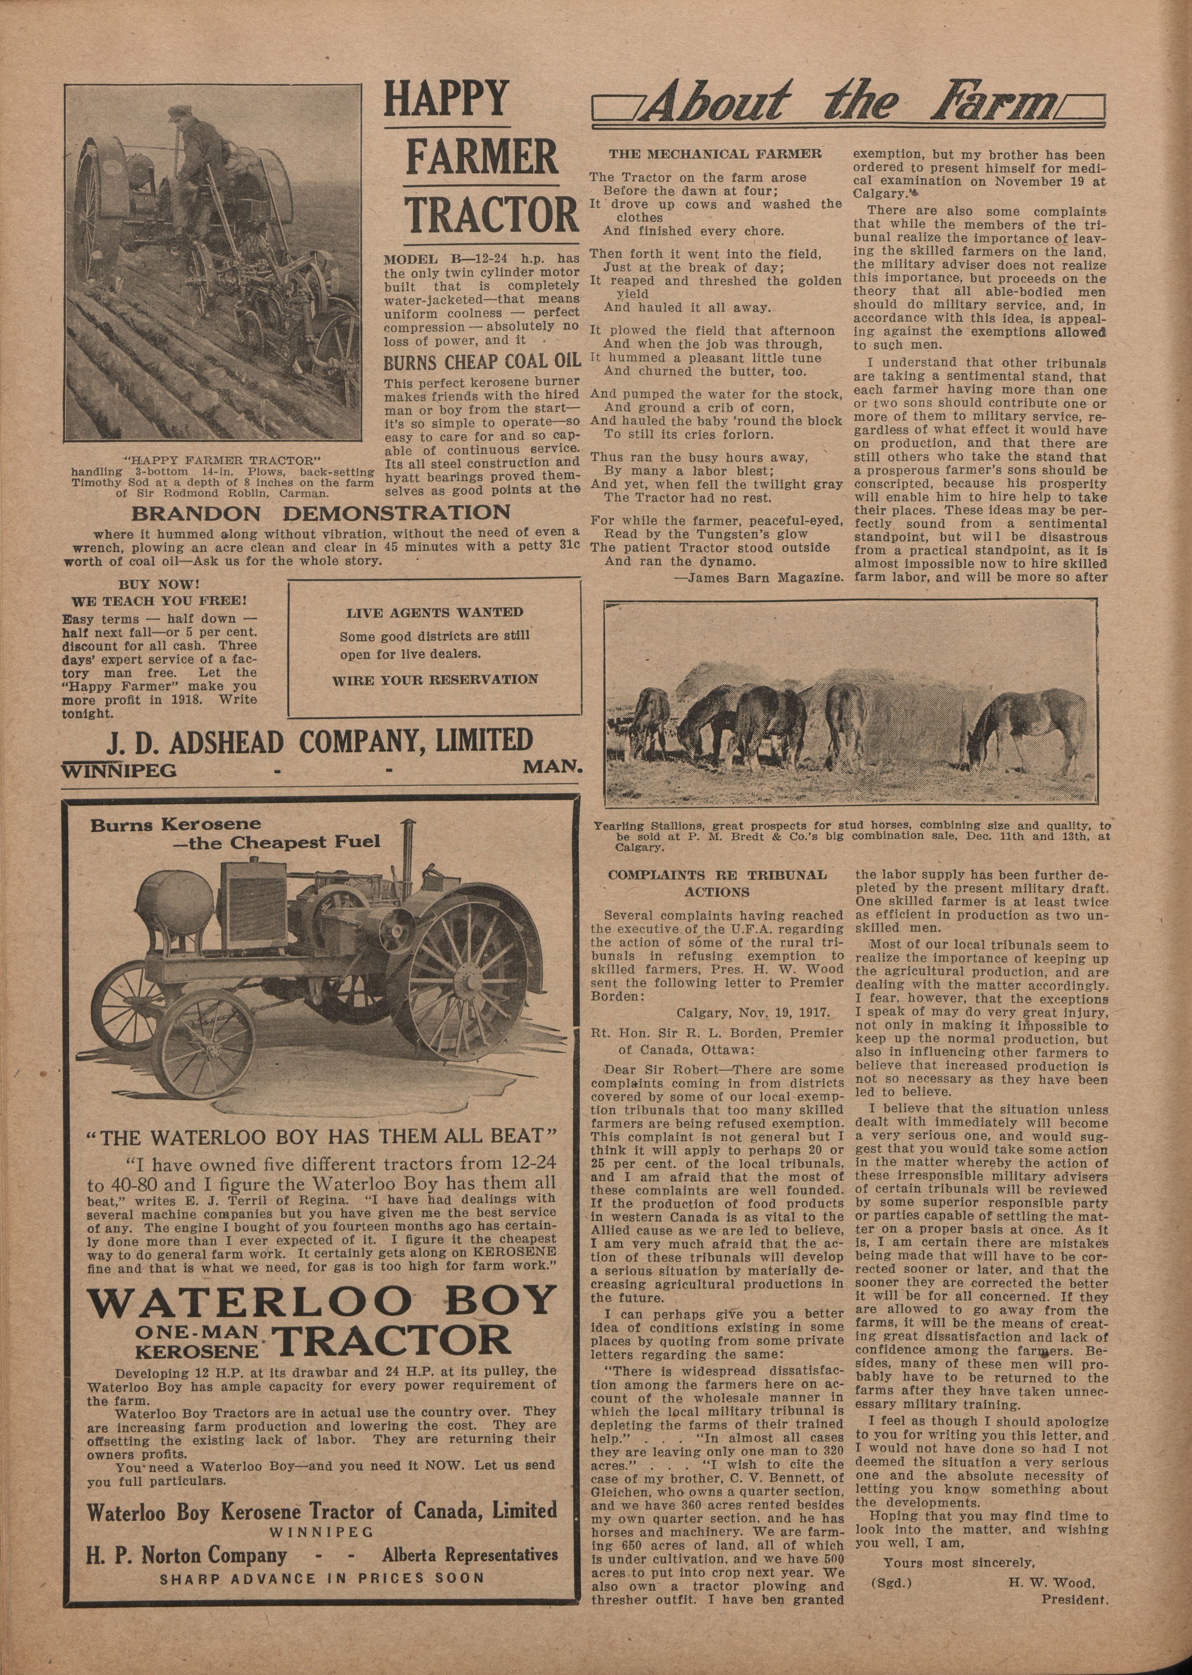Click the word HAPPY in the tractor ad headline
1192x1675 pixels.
[446, 100]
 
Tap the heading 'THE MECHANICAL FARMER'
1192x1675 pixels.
[715, 154]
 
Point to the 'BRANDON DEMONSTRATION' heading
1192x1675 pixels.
[320, 513]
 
